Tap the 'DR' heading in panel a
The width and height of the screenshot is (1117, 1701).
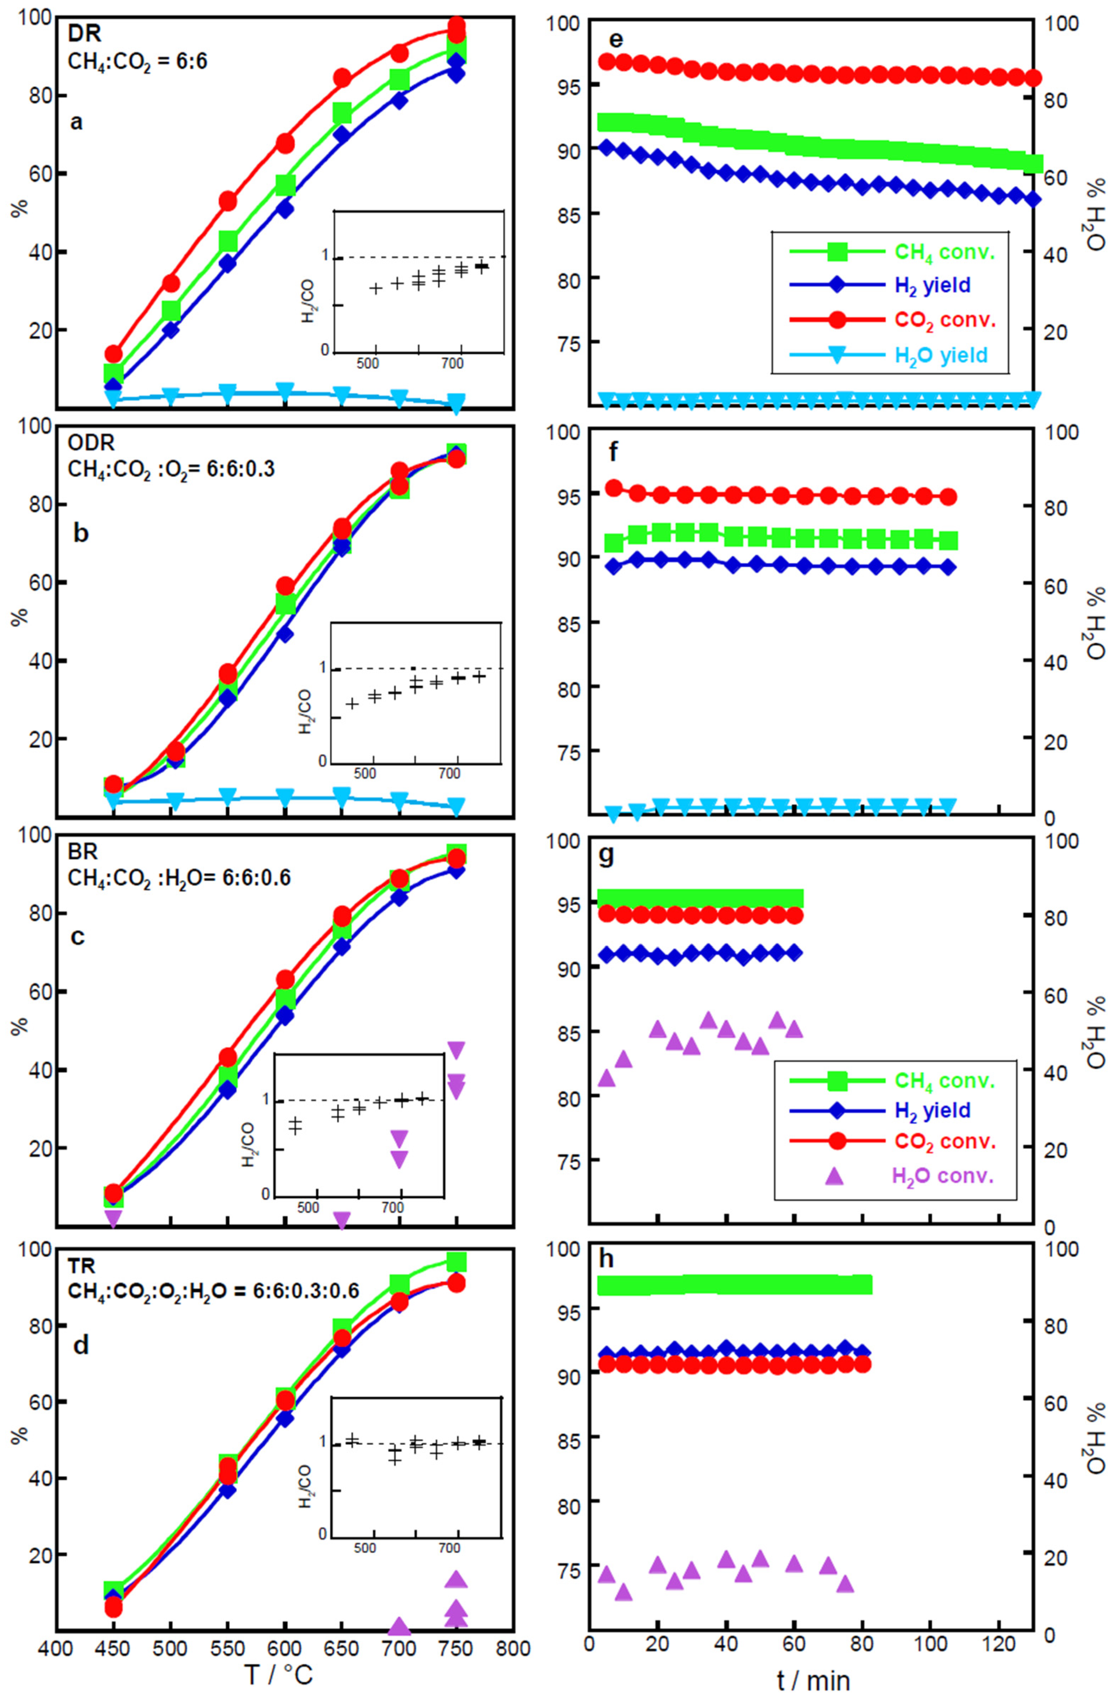coord(84,34)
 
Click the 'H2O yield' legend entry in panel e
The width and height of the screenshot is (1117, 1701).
coord(941,355)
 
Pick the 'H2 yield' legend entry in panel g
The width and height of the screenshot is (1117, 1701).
coord(932,1110)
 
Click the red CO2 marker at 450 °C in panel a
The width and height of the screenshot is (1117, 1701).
coord(114,354)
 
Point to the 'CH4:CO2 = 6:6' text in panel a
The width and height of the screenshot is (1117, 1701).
coord(137,61)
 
